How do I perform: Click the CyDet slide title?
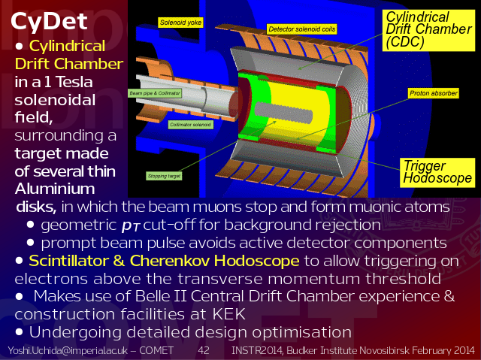click(49, 22)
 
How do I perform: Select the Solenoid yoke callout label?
click(180, 23)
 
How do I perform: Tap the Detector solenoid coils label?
click(302, 29)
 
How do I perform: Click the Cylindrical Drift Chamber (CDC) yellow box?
click(428, 30)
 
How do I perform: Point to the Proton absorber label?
click(434, 93)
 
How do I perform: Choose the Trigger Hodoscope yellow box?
click(437, 172)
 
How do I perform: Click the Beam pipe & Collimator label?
click(155, 93)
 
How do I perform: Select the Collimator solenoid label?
click(190, 125)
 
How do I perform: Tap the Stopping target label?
click(164, 176)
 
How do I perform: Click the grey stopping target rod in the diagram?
click(283, 113)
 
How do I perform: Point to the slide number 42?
click(204, 350)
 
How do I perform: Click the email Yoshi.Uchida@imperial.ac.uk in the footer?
click(68, 350)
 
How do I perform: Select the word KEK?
click(228, 314)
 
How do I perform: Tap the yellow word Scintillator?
click(68, 261)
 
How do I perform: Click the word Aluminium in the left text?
click(55, 189)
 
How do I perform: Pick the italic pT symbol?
click(131, 226)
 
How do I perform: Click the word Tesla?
click(74, 82)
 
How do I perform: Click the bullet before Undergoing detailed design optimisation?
click(19, 331)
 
